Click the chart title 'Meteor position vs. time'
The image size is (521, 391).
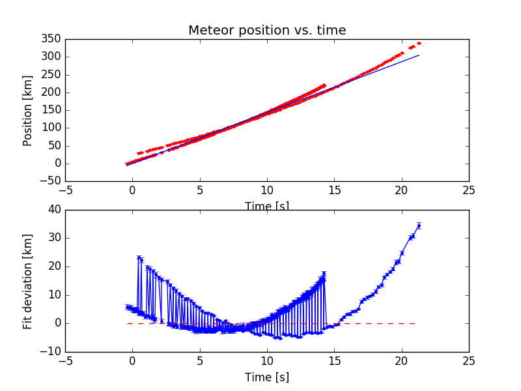point(267,31)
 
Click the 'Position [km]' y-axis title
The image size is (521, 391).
point(27,110)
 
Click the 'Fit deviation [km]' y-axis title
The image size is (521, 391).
point(27,281)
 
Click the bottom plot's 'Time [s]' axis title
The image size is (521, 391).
point(267,377)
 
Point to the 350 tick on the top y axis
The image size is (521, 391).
point(53,39)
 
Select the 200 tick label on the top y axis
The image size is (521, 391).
point(53,93)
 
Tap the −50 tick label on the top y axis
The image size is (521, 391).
point(50,181)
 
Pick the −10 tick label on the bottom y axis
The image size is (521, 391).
point(51,352)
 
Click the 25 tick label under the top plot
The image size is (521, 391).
point(469,190)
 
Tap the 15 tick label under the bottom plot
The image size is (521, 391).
point(334,361)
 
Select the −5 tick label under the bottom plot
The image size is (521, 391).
point(65,361)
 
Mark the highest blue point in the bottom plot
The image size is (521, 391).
point(419,226)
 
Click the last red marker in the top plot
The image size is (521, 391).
point(419,44)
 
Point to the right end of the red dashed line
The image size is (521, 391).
point(415,323)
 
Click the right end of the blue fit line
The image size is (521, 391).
point(419,55)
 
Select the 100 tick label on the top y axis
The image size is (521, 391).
point(53,128)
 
